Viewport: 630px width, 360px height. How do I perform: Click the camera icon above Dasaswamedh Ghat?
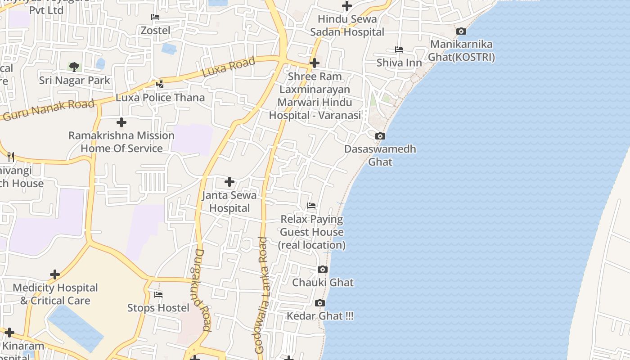click(x=380, y=136)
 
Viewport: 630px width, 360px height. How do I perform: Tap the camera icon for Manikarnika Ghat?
click(x=461, y=31)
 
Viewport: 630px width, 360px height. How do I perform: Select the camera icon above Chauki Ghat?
click(x=323, y=269)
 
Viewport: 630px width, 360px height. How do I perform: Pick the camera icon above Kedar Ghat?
click(x=320, y=303)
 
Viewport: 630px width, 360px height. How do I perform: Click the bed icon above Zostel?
click(x=155, y=17)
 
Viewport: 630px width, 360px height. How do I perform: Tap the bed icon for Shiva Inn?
click(x=399, y=49)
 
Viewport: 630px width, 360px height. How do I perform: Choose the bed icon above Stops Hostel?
click(x=158, y=295)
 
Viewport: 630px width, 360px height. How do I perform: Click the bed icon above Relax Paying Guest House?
click(x=311, y=206)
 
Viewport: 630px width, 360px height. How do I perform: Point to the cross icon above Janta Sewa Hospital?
click(x=229, y=182)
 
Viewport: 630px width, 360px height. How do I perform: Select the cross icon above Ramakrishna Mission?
click(x=121, y=122)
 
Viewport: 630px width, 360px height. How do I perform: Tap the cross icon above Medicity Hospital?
click(x=55, y=274)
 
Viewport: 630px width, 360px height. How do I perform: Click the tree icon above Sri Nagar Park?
click(x=74, y=67)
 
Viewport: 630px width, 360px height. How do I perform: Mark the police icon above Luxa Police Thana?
click(x=160, y=84)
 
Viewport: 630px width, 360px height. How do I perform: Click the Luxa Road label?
click(x=229, y=67)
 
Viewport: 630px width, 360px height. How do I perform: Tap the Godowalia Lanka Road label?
click(x=261, y=295)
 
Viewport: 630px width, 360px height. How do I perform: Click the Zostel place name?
click(x=156, y=31)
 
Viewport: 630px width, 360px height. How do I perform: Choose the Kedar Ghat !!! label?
click(x=320, y=316)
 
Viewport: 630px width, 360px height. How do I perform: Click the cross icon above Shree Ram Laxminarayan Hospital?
click(x=315, y=63)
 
